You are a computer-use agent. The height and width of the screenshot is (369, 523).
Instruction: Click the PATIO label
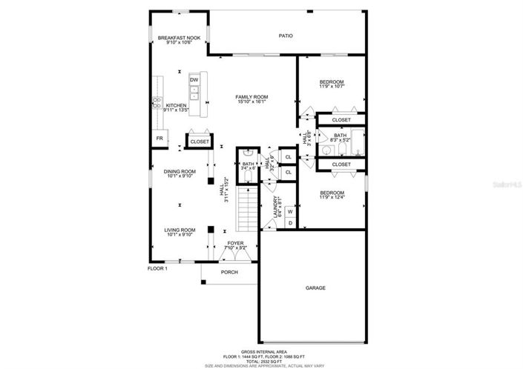[286, 35]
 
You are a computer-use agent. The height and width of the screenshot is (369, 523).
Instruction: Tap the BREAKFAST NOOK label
[175, 37]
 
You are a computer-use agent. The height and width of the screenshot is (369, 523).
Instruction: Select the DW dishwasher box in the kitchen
[194, 79]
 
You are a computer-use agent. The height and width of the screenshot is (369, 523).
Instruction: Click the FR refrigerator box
[159, 139]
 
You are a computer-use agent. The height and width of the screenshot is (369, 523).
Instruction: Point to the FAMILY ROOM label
[251, 97]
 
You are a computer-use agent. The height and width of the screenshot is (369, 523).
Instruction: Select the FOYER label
[235, 242]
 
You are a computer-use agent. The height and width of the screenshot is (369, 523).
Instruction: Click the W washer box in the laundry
[290, 211]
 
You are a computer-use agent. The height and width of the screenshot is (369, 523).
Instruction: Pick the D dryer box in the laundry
[290, 222]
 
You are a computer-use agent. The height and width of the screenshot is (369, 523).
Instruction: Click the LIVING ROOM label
[180, 230]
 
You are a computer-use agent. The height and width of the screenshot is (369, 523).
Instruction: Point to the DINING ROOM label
[180, 172]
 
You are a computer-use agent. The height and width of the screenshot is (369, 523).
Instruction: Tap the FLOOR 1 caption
[157, 268]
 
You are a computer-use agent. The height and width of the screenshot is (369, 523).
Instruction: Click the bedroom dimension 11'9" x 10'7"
[332, 87]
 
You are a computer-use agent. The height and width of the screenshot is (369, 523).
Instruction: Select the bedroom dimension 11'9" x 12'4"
[332, 196]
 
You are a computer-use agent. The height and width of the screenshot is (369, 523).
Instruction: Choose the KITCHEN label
[176, 105]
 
